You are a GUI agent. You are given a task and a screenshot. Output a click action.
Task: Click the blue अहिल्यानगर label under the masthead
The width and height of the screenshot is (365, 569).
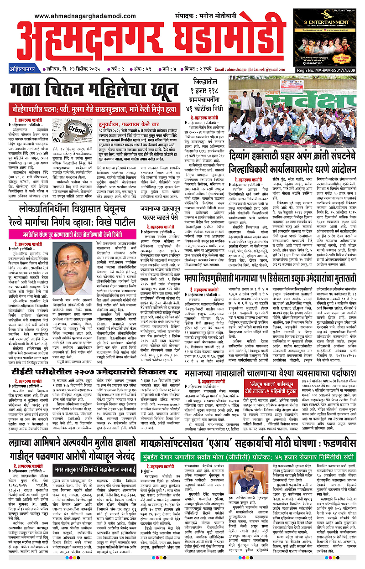point(21,69)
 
